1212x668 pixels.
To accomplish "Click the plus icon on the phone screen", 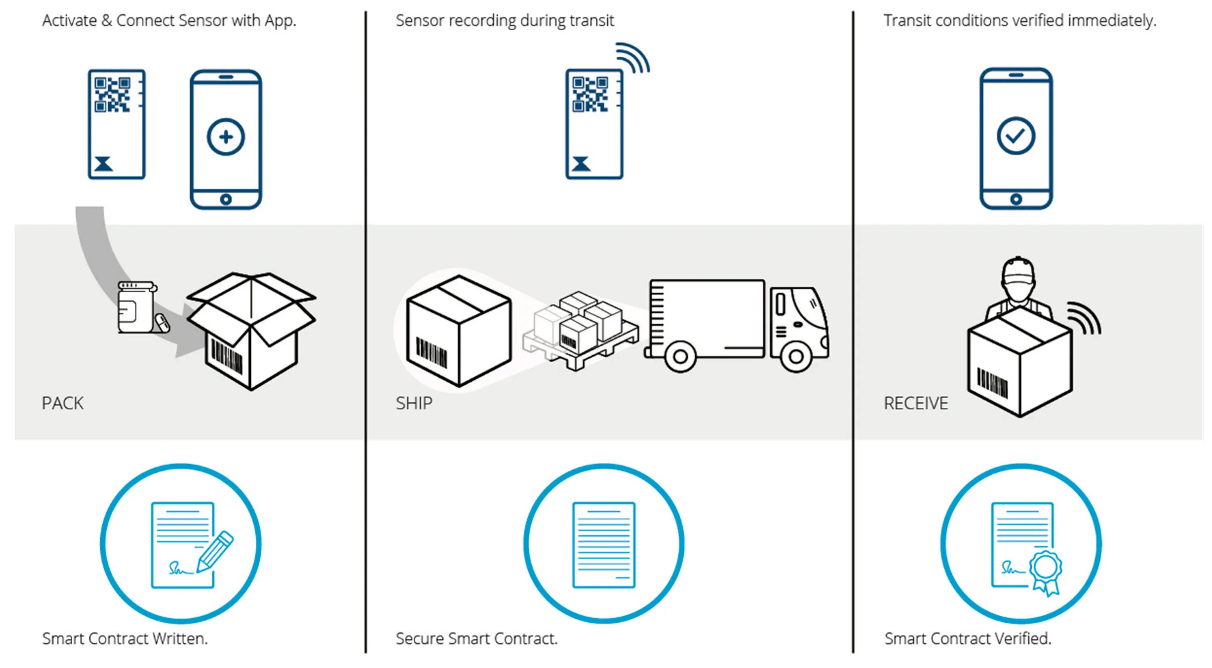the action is click(226, 137).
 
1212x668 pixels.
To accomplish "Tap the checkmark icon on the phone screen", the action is click(1016, 136).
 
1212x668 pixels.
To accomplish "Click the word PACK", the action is click(63, 404).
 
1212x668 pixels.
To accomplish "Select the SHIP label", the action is click(414, 404).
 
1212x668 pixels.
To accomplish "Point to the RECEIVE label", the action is click(915, 404).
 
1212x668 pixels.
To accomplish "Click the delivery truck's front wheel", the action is click(795, 356).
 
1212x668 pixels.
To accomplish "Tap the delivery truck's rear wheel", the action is click(680, 356).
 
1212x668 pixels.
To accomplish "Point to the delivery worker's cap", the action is click(1018, 271).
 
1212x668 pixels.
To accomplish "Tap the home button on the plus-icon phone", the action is click(226, 199).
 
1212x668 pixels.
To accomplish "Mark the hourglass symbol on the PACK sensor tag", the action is click(103, 164).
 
